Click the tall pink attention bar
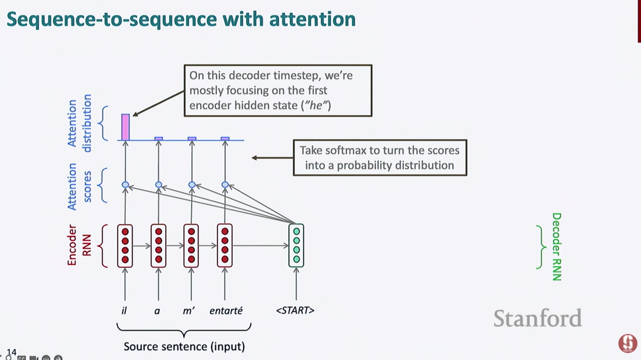pos(126,127)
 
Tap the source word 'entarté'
pos(226,311)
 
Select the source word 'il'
pos(124,311)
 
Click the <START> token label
pos(295,310)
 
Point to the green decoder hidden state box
pos(296,246)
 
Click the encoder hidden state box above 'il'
pos(125,246)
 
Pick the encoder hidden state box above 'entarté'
pos(225,246)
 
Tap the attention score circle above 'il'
pos(126,185)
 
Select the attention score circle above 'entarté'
pos(225,185)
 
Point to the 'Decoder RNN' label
pos(557,247)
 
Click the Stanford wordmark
pos(538,318)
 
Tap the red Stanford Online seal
pos(628,343)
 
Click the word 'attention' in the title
pos(312,19)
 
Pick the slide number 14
pos(12,352)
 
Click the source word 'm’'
pos(189,310)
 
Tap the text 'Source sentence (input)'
pos(184,346)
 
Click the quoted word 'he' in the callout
pos(316,105)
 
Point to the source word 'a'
pos(157,311)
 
